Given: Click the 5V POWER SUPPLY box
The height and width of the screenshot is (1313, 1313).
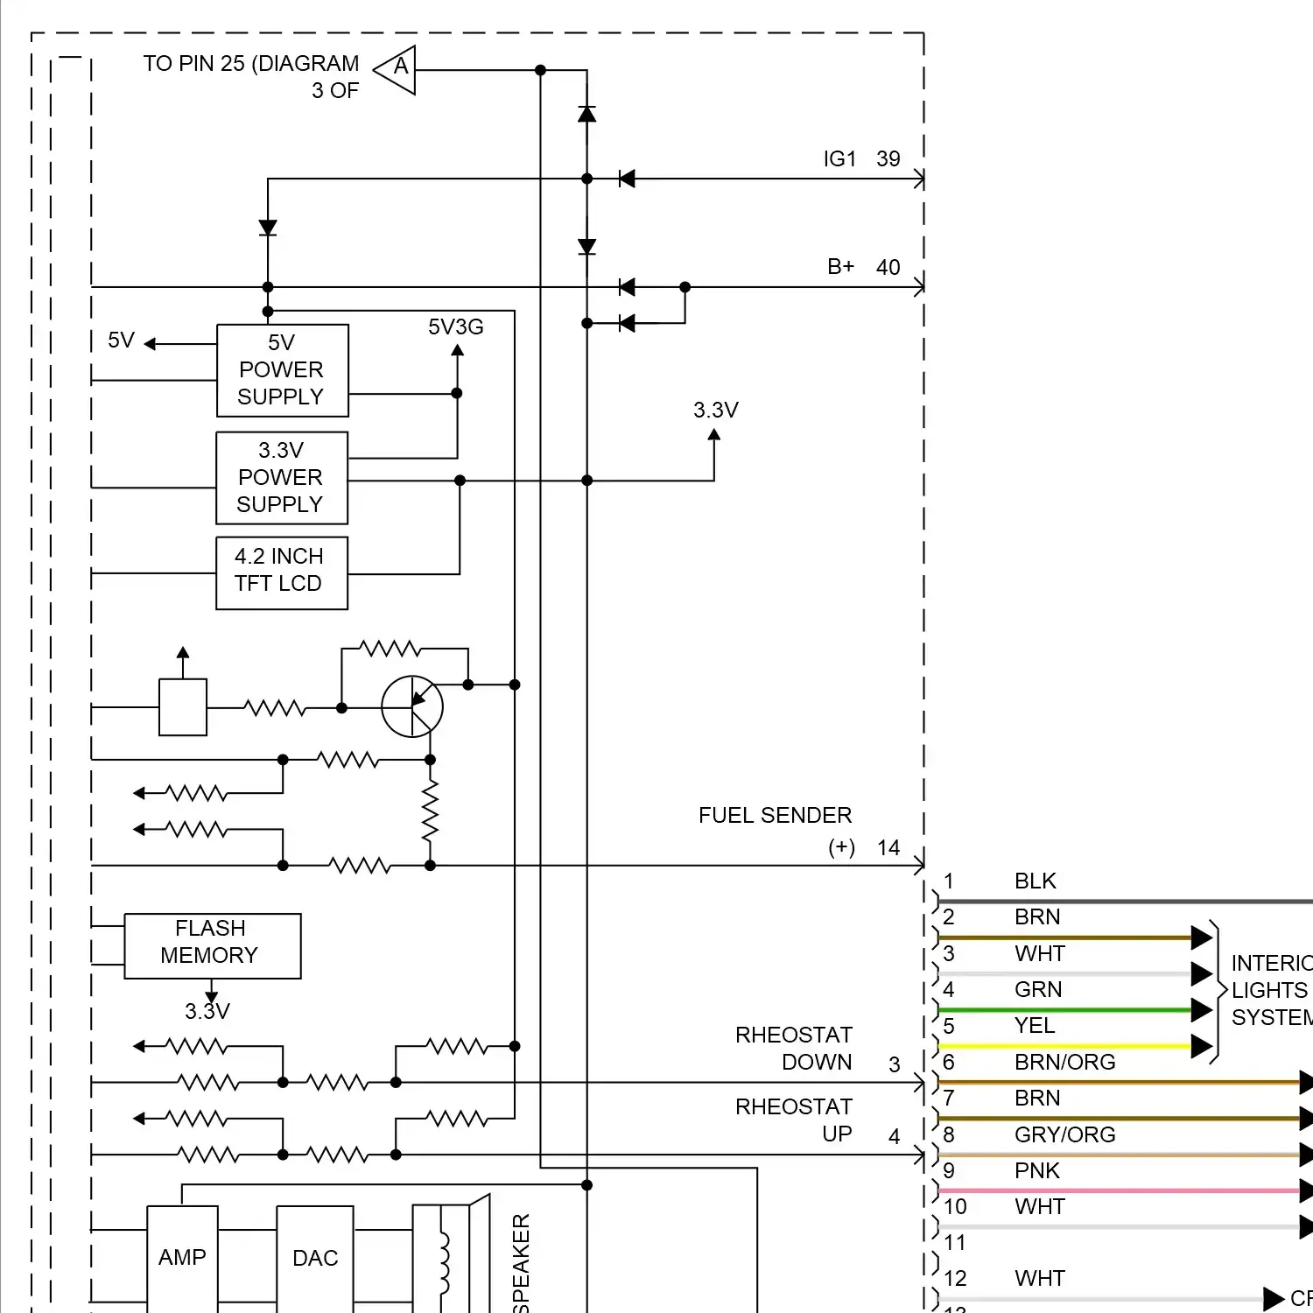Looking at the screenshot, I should click(282, 370).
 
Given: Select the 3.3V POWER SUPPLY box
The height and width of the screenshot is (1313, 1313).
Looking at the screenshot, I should click(281, 478).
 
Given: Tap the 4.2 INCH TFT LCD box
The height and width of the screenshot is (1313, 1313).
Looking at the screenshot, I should click(281, 572).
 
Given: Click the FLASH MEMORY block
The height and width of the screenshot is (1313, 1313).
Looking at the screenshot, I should click(212, 945).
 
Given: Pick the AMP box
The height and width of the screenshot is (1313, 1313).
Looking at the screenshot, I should click(182, 1257).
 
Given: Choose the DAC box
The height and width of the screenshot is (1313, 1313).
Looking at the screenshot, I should click(315, 1257).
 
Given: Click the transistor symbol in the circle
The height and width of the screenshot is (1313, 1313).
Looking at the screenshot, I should click(412, 706).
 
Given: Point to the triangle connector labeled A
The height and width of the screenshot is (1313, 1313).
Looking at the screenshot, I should click(397, 69).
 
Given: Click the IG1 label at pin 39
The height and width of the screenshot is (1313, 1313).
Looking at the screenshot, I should click(839, 159).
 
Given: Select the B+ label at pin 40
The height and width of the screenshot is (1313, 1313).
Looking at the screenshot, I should click(840, 267).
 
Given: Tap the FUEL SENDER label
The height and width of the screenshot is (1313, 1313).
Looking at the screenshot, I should click(775, 816).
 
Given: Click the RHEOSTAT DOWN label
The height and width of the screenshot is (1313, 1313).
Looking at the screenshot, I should click(793, 1048).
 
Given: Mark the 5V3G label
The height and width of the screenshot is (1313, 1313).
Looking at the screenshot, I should click(455, 327).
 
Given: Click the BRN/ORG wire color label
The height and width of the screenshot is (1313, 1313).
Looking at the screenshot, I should click(1064, 1062).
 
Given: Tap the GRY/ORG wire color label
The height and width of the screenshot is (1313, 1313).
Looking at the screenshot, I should click(1064, 1134).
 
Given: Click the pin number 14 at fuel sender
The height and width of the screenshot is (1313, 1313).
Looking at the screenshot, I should click(888, 848).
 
